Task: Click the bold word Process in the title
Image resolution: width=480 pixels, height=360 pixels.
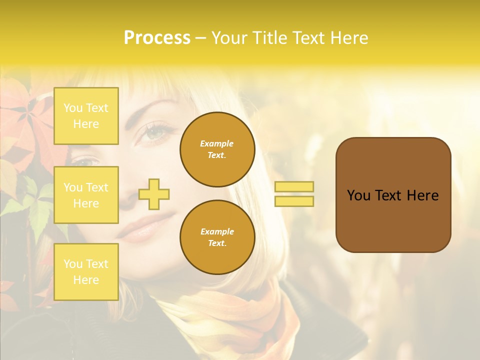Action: (157, 38)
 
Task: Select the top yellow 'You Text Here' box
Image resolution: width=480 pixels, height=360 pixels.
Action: (86, 116)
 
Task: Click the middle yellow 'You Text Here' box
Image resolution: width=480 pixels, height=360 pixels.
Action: (86, 195)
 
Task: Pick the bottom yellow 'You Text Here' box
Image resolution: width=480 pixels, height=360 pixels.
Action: (86, 271)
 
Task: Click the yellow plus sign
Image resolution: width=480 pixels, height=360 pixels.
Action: (154, 194)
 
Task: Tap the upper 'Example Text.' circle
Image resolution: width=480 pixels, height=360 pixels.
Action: (217, 149)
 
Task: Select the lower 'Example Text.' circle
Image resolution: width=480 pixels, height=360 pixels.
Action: (217, 237)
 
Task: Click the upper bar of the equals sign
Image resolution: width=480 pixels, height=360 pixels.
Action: (294, 186)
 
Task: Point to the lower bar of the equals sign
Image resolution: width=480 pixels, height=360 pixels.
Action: (294, 201)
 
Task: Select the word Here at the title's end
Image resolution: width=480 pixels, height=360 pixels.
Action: (349, 38)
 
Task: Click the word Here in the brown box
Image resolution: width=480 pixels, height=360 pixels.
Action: (422, 195)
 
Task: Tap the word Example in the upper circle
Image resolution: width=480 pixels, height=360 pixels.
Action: (217, 143)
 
